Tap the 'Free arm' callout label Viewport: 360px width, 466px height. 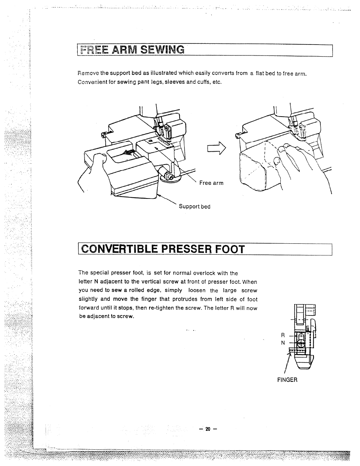click(x=211, y=183)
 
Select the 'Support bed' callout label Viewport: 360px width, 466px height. click(x=194, y=207)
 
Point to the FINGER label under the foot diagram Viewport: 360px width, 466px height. click(x=287, y=380)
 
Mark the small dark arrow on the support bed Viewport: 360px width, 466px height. click(x=129, y=152)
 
